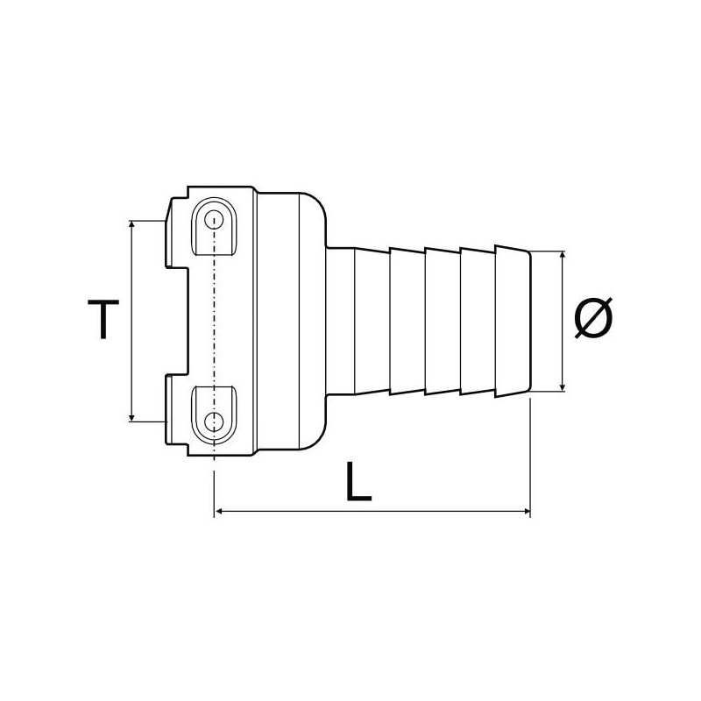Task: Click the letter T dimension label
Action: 103,319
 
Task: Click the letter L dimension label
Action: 358,482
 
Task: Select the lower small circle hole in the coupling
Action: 214,422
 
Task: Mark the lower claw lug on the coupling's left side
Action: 176,408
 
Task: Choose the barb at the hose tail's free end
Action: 513,321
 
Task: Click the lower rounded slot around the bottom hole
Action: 214,413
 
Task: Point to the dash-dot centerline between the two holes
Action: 214,321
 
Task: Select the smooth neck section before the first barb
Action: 342,321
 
